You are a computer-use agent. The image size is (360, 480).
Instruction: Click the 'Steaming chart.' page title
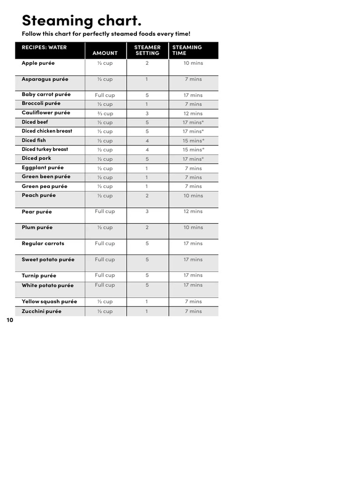pyautogui.click(x=81, y=21)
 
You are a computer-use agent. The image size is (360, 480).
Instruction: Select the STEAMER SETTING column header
pyautogui.click(x=147, y=50)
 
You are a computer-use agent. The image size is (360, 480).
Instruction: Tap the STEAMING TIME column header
pyautogui.click(x=187, y=50)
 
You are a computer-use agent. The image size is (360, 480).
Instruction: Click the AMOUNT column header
pyautogui.click(x=105, y=53)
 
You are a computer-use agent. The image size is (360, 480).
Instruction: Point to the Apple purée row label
pyautogui.click(x=38, y=63)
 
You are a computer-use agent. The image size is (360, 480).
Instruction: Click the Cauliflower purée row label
pyautogui.click(x=46, y=113)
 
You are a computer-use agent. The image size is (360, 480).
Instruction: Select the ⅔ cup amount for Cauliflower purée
pyautogui.click(x=105, y=113)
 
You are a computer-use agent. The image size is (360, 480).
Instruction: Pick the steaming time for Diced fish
pyautogui.click(x=193, y=141)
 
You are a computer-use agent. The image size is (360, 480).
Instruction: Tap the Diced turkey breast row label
pyautogui.click(x=45, y=150)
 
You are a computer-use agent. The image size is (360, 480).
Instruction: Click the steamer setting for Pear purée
pyautogui.click(x=147, y=212)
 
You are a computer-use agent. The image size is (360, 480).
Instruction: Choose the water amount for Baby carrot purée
pyautogui.click(x=105, y=95)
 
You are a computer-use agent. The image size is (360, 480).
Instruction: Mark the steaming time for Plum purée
pyautogui.click(x=193, y=228)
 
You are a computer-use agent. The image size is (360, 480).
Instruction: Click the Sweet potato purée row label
pyautogui.click(x=48, y=260)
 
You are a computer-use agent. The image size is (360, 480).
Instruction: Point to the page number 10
pyautogui.click(x=10, y=321)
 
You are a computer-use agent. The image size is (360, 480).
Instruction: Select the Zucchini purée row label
pyautogui.click(x=42, y=312)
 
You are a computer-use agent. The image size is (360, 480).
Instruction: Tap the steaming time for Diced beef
pyautogui.click(x=193, y=123)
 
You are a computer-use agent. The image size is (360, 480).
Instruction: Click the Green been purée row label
pyautogui.click(x=46, y=177)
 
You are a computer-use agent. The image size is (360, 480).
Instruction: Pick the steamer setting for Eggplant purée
pyautogui.click(x=147, y=168)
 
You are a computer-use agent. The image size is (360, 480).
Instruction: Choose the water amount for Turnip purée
pyautogui.click(x=105, y=276)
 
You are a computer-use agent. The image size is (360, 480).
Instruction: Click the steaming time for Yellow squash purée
pyautogui.click(x=193, y=302)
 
